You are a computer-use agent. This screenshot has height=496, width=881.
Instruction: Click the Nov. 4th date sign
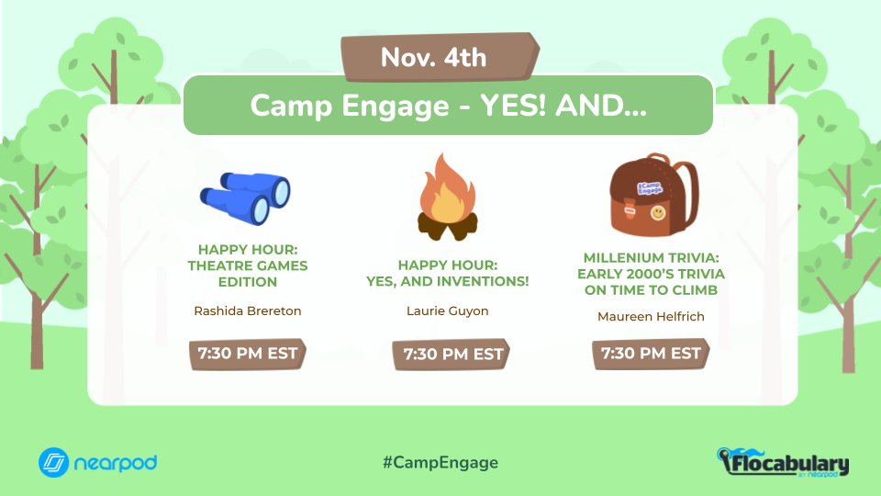pyautogui.click(x=440, y=58)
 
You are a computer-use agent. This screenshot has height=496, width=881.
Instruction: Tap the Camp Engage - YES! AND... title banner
pyautogui.click(x=448, y=106)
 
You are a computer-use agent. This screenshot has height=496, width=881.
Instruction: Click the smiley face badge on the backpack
pyautogui.click(x=658, y=213)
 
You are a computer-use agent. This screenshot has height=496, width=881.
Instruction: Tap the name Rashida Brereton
pyautogui.click(x=248, y=310)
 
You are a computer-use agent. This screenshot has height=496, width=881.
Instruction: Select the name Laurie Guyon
pyautogui.click(x=447, y=310)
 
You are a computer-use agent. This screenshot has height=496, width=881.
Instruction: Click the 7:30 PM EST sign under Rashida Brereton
pyautogui.click(x=248, y=354)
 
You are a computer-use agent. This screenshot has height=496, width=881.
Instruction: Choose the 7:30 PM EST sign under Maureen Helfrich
pyautogui.click(x=651, y=354)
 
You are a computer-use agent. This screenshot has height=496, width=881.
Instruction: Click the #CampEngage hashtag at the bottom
pyautogui.click(x=440, y=462)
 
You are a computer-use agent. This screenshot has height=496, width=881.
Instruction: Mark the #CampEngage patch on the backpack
pyautogui.click(x=649, y=186)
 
